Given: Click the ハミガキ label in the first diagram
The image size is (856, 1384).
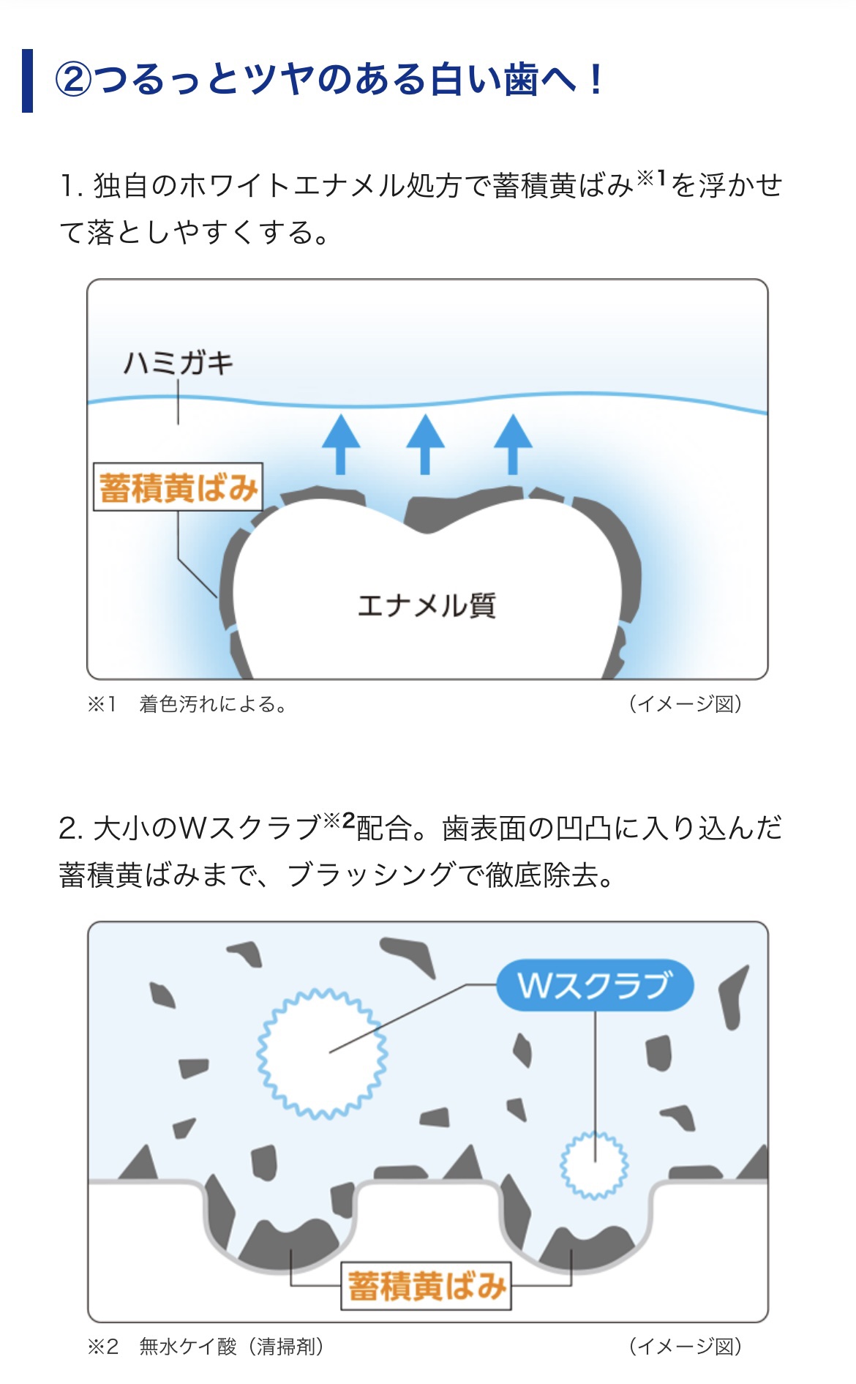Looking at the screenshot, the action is [x=178, y=363].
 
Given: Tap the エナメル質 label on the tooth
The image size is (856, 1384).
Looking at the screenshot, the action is [x=427, y=605].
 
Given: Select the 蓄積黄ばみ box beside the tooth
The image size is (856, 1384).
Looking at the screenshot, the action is [x=178, y=487].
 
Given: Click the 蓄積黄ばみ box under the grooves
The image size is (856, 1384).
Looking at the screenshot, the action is [x=426, y=1286].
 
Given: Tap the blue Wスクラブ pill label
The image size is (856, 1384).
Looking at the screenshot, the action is [x=595, y=985].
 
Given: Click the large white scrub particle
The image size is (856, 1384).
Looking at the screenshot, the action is [x=322, y=1053].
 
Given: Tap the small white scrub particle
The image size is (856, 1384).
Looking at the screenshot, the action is [x=594, y=1165].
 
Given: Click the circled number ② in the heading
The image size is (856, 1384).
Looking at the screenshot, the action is [x=74, y=80].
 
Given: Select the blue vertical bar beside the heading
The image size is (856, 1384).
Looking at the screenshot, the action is [x=28, y=81].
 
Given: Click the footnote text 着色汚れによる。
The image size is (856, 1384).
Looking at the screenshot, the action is [x=213, y=704].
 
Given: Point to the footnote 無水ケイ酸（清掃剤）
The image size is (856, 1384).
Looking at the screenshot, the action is [x=232, y=1346].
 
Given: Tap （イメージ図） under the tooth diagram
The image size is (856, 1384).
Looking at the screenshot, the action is [x=686, y=704].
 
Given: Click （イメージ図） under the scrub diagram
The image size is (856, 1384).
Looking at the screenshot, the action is [x=686, y=1346].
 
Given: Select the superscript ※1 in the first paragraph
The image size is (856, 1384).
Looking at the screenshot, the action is [x=651, y=178].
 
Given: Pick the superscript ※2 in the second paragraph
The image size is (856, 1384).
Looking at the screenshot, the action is [x=339, y=820].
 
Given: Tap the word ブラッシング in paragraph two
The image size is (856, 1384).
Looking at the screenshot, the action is [x=371, y=875].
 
